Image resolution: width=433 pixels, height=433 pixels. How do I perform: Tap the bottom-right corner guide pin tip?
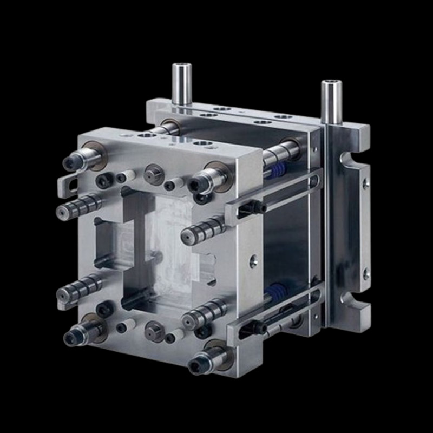coord(196,366)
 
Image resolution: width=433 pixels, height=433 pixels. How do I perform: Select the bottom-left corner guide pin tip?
coord(71,338)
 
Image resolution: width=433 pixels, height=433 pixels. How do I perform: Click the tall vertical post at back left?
coord(181,84)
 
